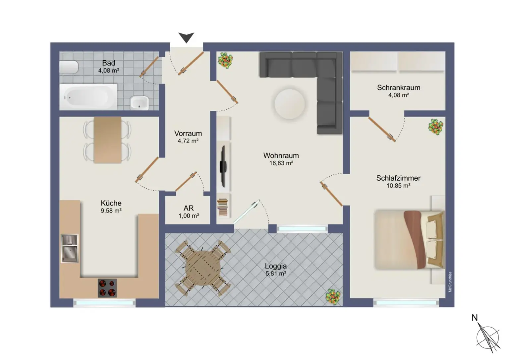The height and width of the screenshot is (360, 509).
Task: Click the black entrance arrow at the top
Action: click(x=186, y=37)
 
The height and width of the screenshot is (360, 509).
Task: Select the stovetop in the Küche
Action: click(x=107, y=288)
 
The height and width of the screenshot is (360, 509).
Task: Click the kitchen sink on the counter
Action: click(x=70, y=248)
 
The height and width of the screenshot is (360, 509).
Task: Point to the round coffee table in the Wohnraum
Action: click(x=289, y=104)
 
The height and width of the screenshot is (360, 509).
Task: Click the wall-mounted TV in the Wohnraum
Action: click(x=223, y=166)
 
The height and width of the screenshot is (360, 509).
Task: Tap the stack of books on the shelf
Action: click(x=223, y=207)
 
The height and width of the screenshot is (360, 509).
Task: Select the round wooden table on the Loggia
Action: click(x=203, y=268)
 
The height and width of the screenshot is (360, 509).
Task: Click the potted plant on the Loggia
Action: click(x=333, y=296)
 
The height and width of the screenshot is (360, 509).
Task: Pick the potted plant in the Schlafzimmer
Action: click(x=436, y=126)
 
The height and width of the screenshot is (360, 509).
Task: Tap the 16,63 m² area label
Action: click(x=281, y=163)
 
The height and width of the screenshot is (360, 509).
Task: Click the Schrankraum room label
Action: click(x=399, y=88)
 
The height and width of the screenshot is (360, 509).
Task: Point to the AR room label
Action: click(x=189, y=208)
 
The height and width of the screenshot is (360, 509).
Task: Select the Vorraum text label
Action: click(x=188, y=133)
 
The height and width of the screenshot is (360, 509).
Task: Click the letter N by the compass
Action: click(x=475, y=318)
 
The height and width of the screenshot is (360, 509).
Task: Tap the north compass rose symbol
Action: click(x=488, y=338)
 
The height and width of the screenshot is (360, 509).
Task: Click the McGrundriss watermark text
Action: click(x=450, y=282)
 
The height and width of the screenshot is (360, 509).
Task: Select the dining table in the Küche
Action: click(x=107, y=140)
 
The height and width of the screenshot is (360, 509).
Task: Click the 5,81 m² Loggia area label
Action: click(x=276, y=273)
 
